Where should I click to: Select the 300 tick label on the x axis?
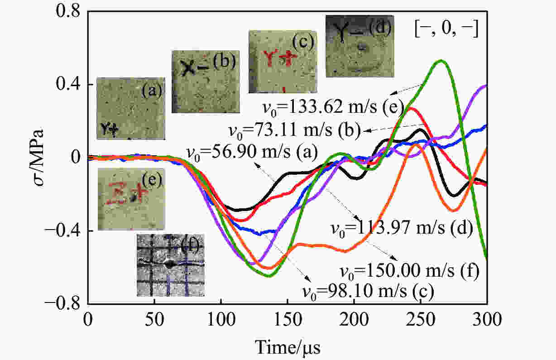[486, 320]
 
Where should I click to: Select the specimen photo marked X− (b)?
[205, 82]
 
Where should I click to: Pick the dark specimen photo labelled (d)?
[360, 46]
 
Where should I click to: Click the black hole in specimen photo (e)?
[134, 197]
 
